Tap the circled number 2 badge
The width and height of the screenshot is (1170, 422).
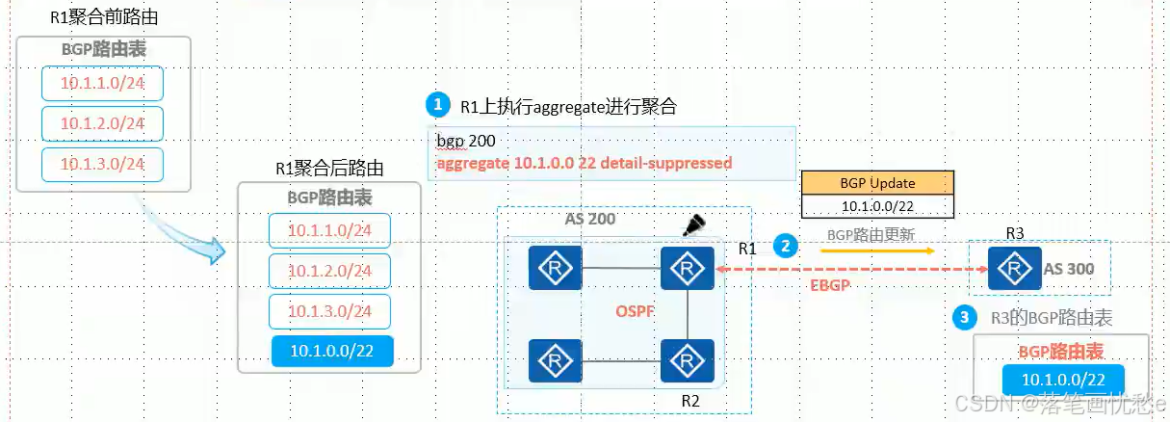(787, 246)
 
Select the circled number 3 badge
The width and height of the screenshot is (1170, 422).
(962, 316)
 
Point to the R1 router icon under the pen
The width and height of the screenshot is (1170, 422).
(687, 268)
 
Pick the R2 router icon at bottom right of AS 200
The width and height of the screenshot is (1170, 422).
(687, 360)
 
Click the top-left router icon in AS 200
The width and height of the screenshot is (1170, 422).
(555, 268)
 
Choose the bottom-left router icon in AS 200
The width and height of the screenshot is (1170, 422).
(555, 360)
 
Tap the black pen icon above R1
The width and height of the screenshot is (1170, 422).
(693, 225)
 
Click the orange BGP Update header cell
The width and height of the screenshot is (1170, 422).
(878, 183)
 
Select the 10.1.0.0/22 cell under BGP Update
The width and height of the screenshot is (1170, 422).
(878, 206)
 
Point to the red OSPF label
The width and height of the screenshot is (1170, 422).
(635, 312)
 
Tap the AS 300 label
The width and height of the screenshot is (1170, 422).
(1069, 269)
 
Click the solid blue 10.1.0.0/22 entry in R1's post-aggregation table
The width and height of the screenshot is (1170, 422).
(332, 351)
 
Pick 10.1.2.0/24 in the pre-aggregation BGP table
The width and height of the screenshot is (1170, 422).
(102, 123)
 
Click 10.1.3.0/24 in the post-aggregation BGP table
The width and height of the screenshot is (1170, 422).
(329, 311)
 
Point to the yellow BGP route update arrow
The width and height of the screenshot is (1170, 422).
(876, 251)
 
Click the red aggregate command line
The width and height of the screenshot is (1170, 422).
(584, 163)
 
